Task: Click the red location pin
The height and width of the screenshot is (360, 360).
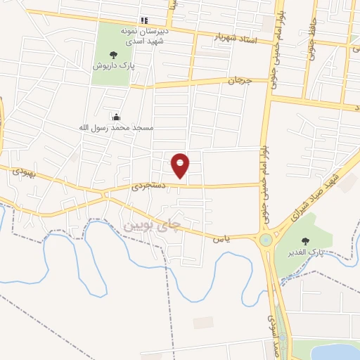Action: (x=181, y=165)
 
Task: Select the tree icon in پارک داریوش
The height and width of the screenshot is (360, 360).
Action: (x=112, y=54)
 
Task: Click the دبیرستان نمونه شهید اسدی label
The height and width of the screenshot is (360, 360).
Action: (x=144, y=37)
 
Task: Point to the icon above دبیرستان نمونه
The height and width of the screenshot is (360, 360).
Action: (x=144, y=20)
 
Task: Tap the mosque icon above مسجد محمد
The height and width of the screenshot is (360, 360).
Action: (x=115, y=117)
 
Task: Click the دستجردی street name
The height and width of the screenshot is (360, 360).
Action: (x=148, y=187)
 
